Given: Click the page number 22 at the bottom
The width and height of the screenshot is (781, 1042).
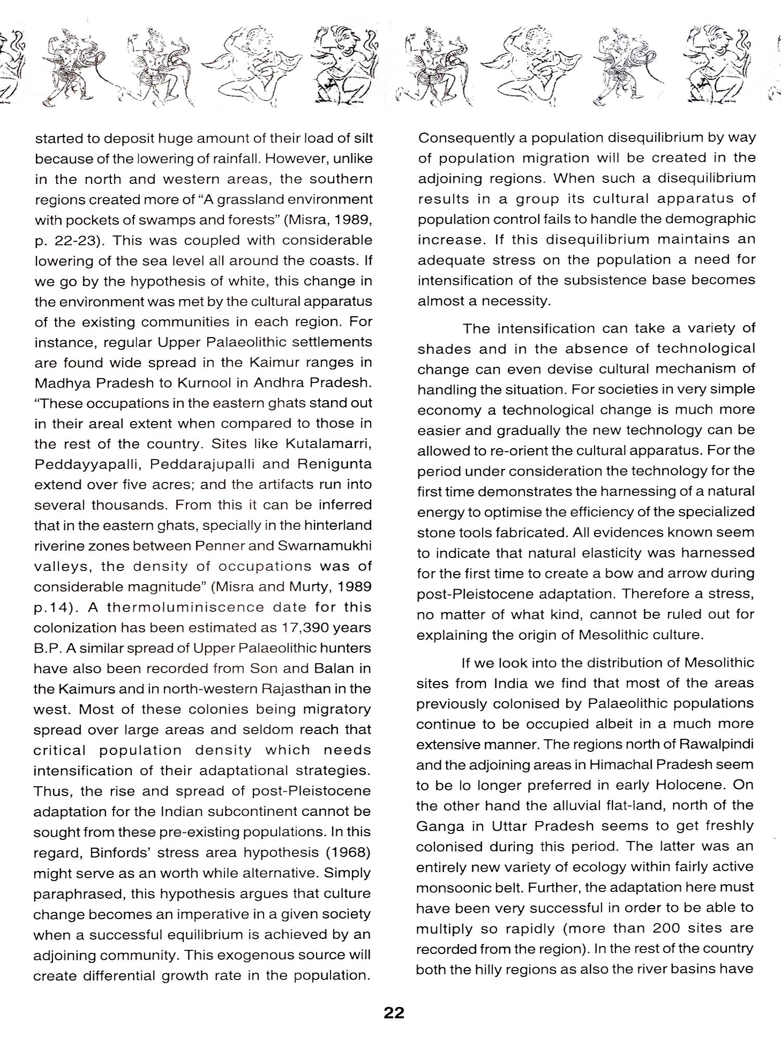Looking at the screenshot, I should click(394, 1013).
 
